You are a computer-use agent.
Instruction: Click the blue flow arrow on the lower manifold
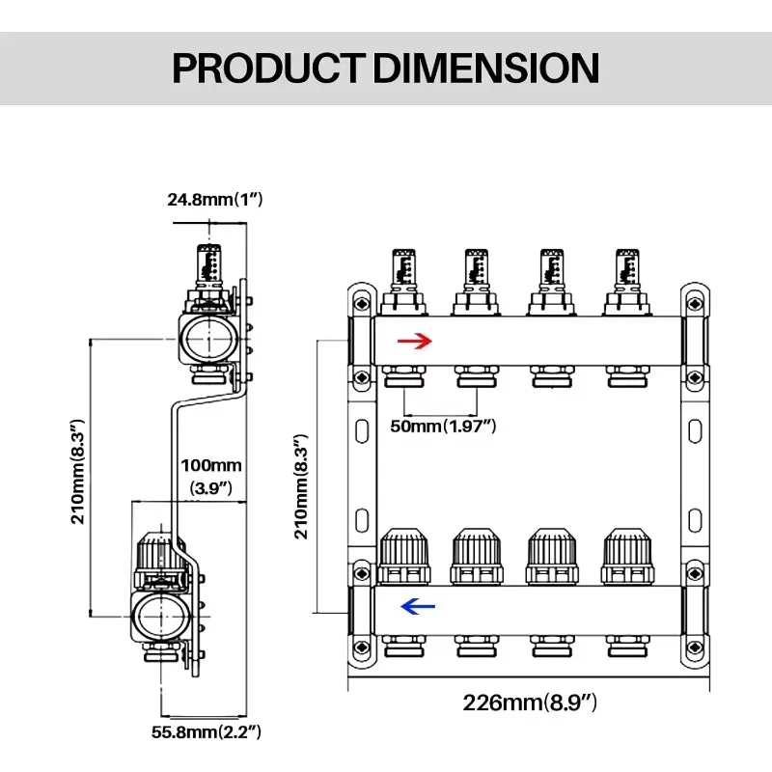(x=417, y=606)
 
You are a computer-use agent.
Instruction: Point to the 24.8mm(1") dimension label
(x=214, y=200)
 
